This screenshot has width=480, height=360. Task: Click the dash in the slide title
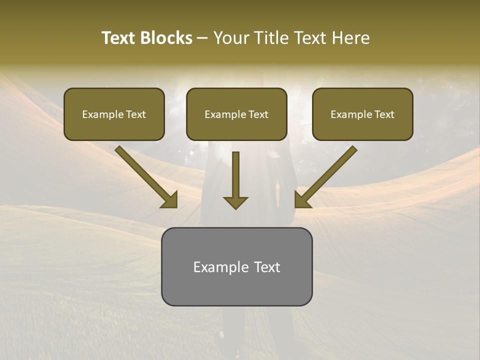click(x=202, y=38)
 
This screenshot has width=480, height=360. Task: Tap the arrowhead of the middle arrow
click(x=235, y=202)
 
